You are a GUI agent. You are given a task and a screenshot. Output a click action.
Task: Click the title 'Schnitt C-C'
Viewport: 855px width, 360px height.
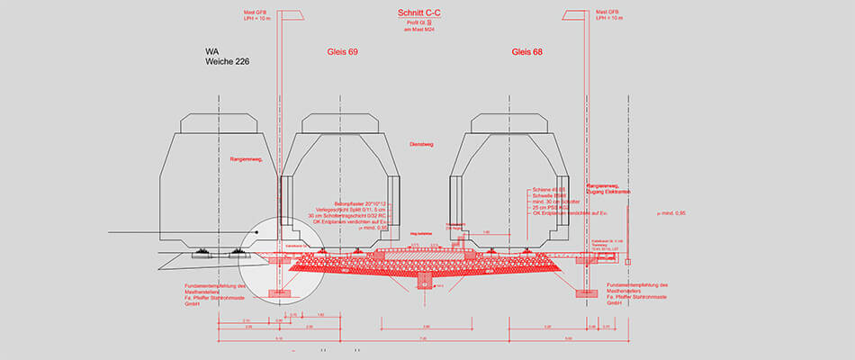pyautogui.click(x=418, y=13)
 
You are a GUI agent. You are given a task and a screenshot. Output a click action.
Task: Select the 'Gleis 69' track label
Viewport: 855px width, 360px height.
pyautogui.click(x=342, y=52)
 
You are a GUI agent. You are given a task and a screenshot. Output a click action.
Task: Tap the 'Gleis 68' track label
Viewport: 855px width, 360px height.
pyautogui.click(x=527, y=52)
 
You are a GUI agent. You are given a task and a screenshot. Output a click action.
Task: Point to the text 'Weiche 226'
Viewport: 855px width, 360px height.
pyautogui.click(x=227, y=62)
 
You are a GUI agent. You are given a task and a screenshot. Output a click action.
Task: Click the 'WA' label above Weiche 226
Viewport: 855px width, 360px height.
pyautogui.click(x=213, y=51)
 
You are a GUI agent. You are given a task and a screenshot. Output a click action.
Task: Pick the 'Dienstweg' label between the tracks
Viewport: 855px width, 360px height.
pyautogui.click(x=421, y=143)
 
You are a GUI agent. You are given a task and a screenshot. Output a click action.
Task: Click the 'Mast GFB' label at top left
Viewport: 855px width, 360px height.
pyautogui.click(x=256, y=12)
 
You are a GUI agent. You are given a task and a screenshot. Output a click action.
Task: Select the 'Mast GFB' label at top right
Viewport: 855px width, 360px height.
pyautogui.click(x=608, y=12)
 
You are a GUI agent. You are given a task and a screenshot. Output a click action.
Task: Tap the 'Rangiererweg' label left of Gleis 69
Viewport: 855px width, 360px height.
pyautogui.click(x=246, y=158)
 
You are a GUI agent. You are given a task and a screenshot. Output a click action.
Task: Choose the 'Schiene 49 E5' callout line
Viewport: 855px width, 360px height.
pyautogui.click(x=547, y=189)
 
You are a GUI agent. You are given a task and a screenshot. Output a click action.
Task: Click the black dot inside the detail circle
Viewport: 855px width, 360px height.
pyautogui.click(x=256, y=233)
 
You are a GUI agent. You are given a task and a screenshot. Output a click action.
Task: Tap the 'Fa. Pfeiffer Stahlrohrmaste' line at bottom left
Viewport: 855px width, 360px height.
pyautogui.click(x=211, y=299)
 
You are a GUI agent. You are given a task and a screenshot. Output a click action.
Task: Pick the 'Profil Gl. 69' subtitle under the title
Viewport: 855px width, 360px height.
pyautogui.click(x=418, y=24)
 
